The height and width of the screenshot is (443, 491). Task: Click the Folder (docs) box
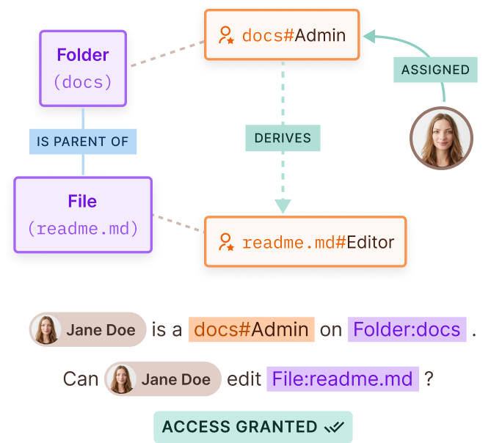tap(83, 67)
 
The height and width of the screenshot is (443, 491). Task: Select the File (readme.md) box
tap(83, 215)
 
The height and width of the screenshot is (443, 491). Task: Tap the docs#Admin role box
tap(283, 35)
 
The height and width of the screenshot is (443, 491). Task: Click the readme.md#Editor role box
tap(305, 242)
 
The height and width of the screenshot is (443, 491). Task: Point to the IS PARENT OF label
tap(83, 142)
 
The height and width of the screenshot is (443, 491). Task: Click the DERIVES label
tap(283, 138)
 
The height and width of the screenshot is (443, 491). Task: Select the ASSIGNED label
tap(435, 70)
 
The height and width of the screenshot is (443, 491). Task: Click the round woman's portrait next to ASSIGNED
tap(441, 139)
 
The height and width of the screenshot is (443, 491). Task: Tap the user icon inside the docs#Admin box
tap(226, 35)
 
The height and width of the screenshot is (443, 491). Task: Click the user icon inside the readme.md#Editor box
tap(226, 242)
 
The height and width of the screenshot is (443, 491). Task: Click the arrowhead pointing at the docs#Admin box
tap(370, 34)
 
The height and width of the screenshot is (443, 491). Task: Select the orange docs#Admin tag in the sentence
tap(252, 329)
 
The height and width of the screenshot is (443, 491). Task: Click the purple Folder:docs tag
tap(407, 329)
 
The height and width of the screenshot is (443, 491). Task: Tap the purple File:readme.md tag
tap(342, 378)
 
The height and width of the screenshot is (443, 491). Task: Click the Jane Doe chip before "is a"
tap(87, 329)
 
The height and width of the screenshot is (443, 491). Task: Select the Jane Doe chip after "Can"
tap(162, 378)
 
